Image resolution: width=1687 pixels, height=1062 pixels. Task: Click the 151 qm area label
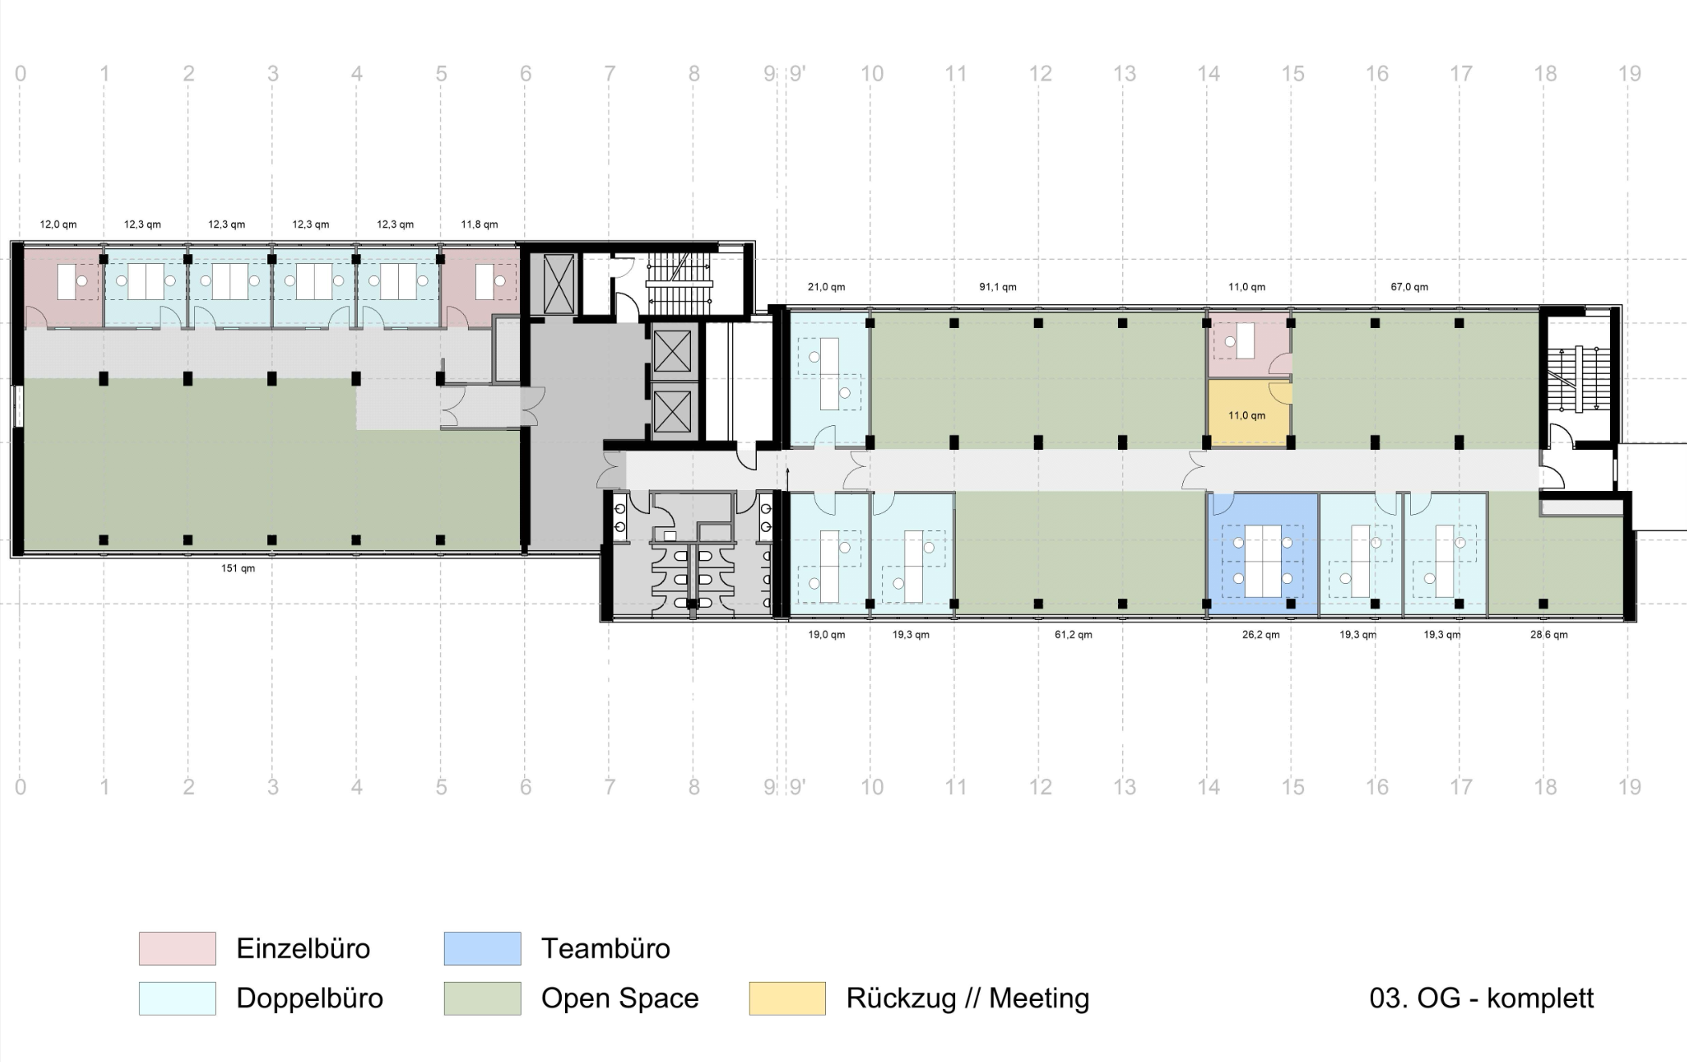238,569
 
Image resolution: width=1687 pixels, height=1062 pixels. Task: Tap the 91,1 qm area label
998,287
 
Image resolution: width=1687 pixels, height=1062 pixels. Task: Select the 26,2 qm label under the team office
1261,634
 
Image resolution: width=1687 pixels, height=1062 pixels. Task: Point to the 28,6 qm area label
1548,634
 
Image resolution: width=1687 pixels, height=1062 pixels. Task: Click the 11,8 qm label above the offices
479,225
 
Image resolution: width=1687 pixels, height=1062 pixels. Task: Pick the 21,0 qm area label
826,287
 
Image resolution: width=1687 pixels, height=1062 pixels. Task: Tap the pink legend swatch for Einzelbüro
177,948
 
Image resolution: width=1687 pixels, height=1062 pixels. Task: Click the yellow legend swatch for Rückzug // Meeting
787,999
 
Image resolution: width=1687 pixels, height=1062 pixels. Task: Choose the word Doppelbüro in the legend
310,999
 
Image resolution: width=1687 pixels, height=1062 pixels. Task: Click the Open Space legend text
620,999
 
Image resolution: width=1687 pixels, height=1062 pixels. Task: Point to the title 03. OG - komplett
1482,999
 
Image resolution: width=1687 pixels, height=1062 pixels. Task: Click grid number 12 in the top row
1040,74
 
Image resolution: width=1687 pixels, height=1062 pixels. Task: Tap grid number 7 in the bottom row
610,787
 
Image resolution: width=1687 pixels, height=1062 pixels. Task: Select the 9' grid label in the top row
797,74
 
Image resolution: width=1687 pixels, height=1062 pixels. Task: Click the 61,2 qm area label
1073,634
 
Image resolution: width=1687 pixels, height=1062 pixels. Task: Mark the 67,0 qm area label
1409,287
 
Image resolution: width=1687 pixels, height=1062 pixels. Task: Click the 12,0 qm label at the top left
59,225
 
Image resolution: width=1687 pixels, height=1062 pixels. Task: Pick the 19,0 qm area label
826,634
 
